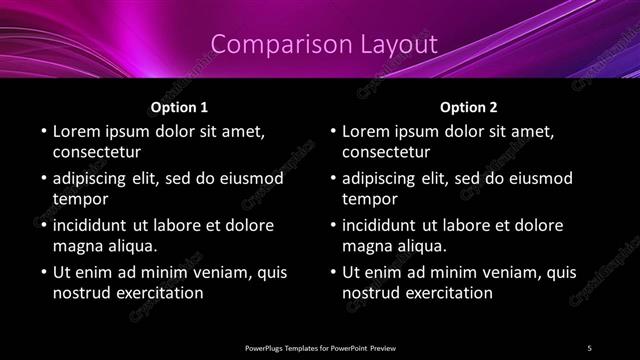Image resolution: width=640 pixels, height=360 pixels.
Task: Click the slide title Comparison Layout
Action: pos(325,44)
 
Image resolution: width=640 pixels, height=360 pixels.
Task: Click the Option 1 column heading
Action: pos(179,106)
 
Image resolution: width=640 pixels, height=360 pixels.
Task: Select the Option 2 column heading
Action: pos(469,106)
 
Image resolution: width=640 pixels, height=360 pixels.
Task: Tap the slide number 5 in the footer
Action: pos(589,347)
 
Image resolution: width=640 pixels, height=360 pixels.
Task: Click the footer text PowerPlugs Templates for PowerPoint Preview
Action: pos(320,347)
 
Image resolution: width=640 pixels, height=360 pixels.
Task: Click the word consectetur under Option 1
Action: pos(97,152)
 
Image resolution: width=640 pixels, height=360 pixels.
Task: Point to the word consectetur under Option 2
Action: pos(386,152)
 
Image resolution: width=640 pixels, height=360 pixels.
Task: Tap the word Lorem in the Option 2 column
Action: pos(367,131)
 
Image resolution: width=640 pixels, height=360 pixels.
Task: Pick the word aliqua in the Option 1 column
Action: pos(131,246)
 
